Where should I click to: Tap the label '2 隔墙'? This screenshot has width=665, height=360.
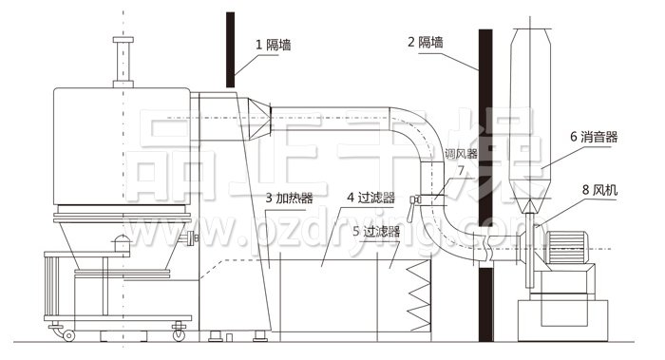[427, 42]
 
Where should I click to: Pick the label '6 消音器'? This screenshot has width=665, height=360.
[594, 137]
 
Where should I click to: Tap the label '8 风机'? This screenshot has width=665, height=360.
[598, 190]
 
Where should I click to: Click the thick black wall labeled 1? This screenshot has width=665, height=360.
[230, 47]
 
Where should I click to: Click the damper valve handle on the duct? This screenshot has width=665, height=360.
[414, 199]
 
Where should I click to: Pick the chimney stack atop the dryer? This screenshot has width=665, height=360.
[120, 62]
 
